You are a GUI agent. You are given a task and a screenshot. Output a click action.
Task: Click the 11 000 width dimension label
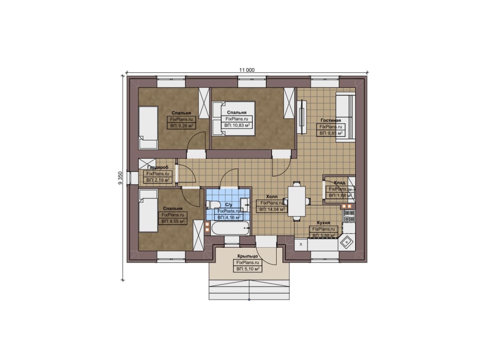click(x=247, y=70)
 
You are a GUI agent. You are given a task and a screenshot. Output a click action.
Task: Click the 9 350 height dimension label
click(x=120, y=178)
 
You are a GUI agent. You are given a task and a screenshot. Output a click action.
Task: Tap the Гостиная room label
click(x=331, y=120)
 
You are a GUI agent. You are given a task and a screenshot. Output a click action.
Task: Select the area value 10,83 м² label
click(x=237, y=125)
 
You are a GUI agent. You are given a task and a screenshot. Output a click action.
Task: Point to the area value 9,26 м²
click(x=181, y=126)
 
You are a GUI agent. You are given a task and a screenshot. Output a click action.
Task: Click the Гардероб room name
click(x=158, y=167)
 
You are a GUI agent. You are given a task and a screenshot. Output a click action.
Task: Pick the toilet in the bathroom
click(x=213, y=204)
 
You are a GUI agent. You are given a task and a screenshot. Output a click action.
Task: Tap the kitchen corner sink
click(x=346, y=242)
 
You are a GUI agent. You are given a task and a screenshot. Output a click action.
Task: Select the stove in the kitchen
click(x=349, y=216)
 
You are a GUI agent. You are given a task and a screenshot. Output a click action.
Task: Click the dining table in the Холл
click(x=297, y=201)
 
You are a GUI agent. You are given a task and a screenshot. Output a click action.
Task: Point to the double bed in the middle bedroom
click(x=234, y=118)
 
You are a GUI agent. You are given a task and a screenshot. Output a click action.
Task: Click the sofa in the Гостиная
click(x=346, y=117)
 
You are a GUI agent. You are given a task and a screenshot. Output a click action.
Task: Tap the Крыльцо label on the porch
click(x=247, y=256)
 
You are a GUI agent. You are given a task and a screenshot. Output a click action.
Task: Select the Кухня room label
click(x=323, y=223)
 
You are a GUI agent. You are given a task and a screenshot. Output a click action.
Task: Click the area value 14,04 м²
click(x=272, y=209)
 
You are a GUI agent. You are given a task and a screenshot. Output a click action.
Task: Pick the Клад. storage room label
click(x=340, y=182)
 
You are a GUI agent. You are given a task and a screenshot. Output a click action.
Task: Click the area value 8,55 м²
click(x=173, y=221)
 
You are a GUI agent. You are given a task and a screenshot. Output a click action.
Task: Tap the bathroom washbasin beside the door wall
click(x=245, y=205)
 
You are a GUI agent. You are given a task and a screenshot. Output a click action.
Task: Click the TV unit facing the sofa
click(x=302, y=117)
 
